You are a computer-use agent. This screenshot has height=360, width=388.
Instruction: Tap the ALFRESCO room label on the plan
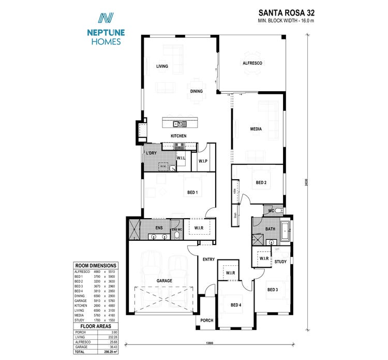(252, 63)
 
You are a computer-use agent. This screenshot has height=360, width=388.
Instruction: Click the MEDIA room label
(256, 129)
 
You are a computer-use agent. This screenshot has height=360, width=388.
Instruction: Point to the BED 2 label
(261, 182)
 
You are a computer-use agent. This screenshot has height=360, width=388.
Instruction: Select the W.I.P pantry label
(203, 161)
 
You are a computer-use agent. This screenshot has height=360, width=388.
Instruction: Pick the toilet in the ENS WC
(177, 236)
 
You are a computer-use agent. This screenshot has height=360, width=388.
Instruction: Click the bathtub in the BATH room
(286, 232)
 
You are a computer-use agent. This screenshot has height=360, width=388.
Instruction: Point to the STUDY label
(280, 262)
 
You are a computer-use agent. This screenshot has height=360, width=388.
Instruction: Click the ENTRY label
(208, 260)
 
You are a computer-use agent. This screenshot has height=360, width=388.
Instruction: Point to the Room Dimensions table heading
(96, 265)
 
